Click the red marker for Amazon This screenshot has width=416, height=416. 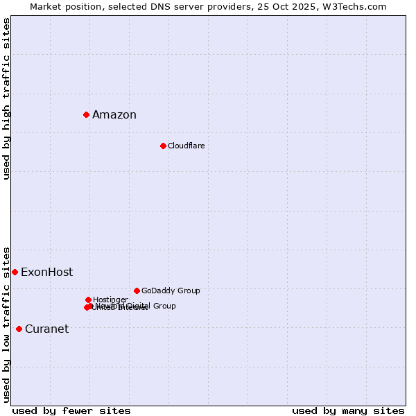86,114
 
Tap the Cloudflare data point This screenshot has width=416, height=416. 163,146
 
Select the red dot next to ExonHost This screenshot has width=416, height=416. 15,272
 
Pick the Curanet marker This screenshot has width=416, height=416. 19,329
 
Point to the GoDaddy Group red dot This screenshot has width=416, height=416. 137,291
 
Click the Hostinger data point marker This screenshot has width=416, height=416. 88,300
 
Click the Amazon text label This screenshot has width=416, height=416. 114,115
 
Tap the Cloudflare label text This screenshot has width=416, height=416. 186,146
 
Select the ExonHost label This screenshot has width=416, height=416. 46,272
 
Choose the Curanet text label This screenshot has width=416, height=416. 46,329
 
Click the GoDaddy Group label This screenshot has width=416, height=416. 171,291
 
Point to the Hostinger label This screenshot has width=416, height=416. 110,300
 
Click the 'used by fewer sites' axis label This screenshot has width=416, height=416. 71,410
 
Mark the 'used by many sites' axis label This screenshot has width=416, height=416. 348,410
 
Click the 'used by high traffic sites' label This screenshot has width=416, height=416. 6,98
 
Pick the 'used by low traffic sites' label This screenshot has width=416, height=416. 6,324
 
